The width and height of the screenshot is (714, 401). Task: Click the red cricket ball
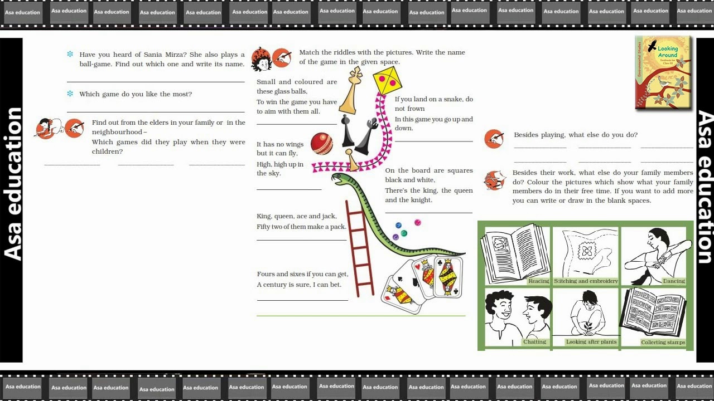coord(322,144)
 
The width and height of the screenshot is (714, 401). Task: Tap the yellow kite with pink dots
coord(387,80)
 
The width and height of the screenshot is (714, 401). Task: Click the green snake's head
coord(340,179)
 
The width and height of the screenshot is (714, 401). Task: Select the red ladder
coord(360,248)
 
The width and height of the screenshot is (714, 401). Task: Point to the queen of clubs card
coord(448,277)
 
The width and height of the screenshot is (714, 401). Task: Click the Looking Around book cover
coord(663,72)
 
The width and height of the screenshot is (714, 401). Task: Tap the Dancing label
coord(674,281)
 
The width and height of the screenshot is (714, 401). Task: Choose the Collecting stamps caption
coord(663,342)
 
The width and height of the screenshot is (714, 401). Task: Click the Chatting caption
coord(534,341)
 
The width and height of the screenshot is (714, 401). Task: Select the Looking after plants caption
coord(591,341)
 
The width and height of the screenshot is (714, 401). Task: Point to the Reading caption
coord(539,281)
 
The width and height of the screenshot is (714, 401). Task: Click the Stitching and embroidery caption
coord(586,281)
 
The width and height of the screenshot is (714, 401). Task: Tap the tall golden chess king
coord(351,91)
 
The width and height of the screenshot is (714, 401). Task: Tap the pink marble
coord(418,222)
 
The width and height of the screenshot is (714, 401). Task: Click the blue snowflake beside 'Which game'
coord(70,94)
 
